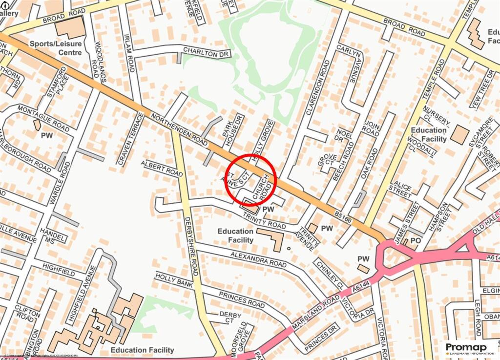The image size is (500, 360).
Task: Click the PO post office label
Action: (x=416, y=241)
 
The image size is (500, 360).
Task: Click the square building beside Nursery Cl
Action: (x=459, y=134)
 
